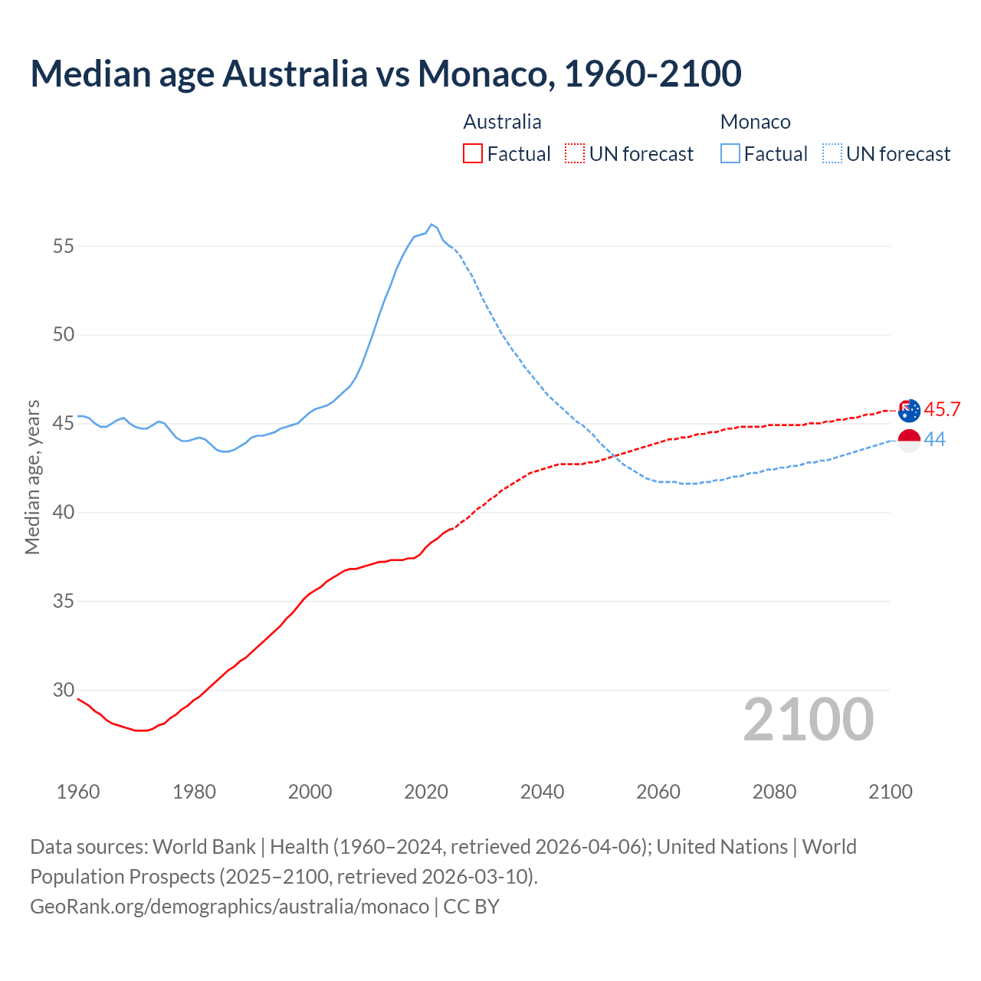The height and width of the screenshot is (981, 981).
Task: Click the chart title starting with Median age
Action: point(386,74)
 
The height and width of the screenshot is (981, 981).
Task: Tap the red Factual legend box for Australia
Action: point(473,154)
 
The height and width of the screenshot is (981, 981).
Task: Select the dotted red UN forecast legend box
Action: point(575,154)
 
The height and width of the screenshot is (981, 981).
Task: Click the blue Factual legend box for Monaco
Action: point(730,154)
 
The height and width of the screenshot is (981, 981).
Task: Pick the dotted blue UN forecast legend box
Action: point(832,154)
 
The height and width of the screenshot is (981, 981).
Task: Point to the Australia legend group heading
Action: point(502,122)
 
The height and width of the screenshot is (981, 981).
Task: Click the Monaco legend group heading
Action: point(755,122)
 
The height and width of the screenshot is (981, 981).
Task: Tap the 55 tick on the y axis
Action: point(64,246)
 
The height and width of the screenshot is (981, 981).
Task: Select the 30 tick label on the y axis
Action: point(64,690)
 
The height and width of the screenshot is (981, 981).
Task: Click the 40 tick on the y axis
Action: point(64,512)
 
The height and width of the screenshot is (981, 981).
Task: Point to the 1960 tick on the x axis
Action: point(78,792)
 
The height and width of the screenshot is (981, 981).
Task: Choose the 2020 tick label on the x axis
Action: point(426,792)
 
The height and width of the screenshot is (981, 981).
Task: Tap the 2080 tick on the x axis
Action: point(774,792)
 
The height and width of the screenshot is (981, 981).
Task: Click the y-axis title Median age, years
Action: point(32,477)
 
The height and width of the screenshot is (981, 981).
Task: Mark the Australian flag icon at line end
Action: point(909,411)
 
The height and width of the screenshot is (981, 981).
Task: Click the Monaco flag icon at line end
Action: point(909,441)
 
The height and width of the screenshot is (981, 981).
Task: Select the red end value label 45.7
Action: point(942,410)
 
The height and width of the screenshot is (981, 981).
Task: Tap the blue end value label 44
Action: point(934,440)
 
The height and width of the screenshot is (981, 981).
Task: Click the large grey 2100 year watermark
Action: point(808,720)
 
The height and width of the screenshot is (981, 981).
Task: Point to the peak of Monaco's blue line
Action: point(431,225)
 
